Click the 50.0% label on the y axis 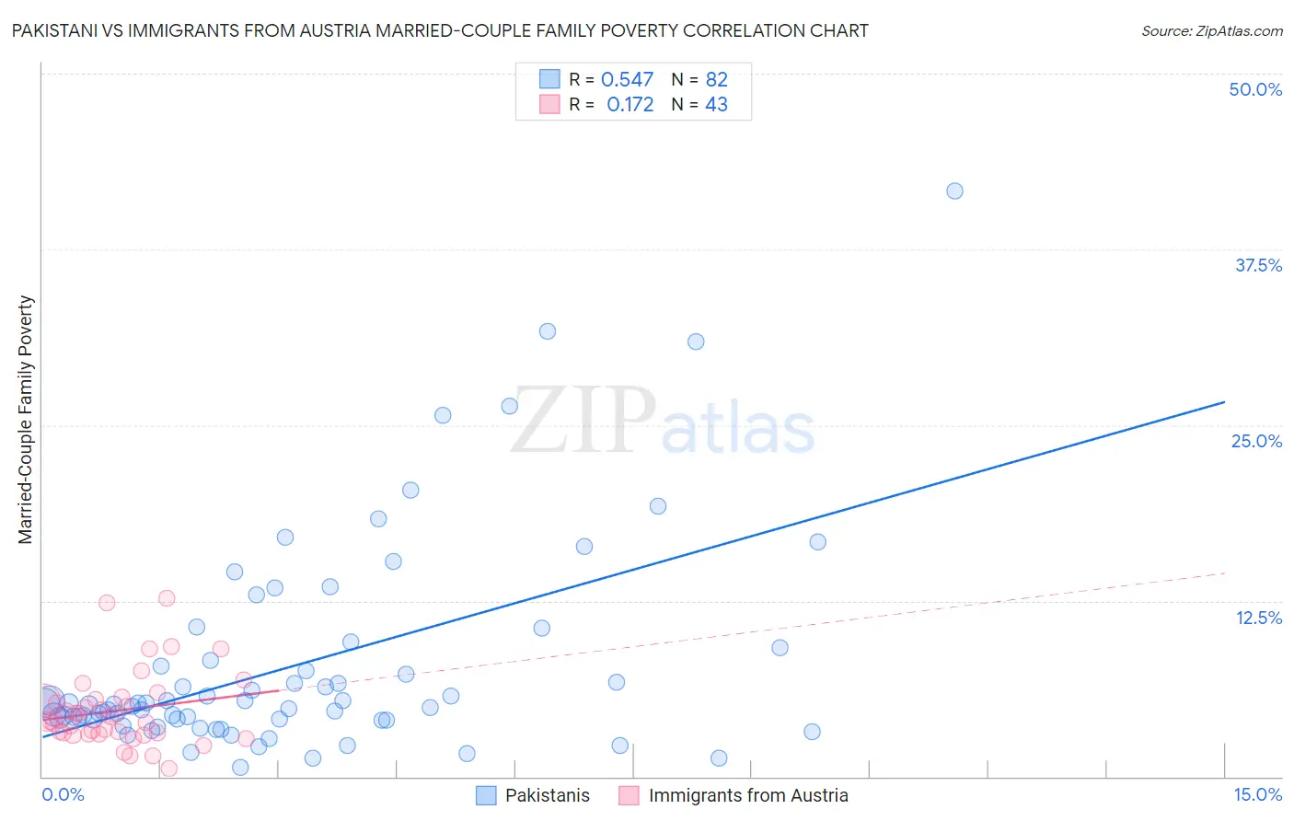pos(1255,89)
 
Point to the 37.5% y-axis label pos(1258,265)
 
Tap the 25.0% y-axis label pos(1256,441)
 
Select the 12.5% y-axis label pos(1258,618)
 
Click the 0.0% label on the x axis pos(63,794)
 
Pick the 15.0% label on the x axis pos(1257,794)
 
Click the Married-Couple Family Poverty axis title pos(26,420)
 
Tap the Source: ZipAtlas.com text pos(1211,30)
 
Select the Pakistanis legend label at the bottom pos(548,795)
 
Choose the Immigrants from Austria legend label pos(748,795)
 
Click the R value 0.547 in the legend pos(627,79)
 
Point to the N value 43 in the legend pos(716,105)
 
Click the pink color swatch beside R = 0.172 pos(549,105)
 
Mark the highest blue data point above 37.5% pos(954,191)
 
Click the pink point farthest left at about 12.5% pos(107,603)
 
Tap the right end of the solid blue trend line pos(1224,402)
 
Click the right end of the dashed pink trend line pos(1224,573)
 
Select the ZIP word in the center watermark pos(583,421)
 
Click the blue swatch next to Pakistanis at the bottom pos(486,795)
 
